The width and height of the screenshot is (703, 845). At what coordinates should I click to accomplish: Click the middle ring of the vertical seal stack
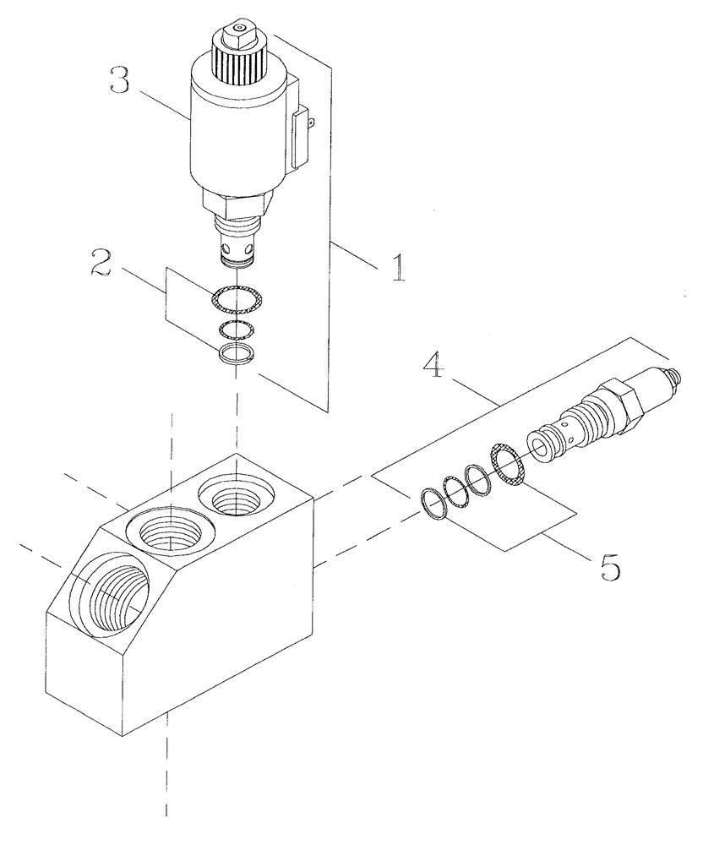point(236,328)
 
